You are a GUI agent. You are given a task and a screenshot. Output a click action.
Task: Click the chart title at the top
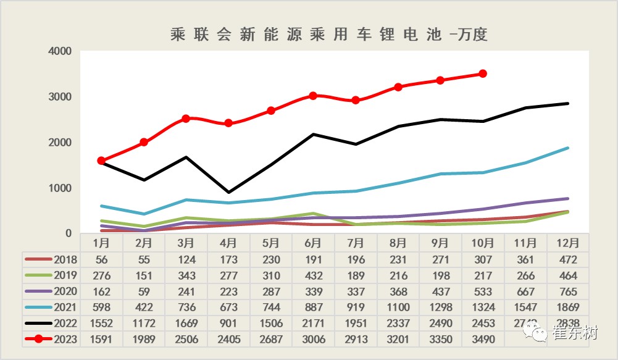[x=329, y=35]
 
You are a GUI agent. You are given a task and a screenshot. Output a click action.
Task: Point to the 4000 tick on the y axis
[x=60, y=51]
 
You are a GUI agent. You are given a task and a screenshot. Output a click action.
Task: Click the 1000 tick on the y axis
[x=60, y=188]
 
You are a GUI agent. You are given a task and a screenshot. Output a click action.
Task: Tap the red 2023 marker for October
[x=483, y=73]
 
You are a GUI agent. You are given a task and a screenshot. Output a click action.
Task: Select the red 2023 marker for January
[x=101, y=161]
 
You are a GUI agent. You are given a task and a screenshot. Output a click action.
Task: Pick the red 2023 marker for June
[x=313, y=96]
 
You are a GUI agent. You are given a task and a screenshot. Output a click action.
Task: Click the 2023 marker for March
[x=186, y=119]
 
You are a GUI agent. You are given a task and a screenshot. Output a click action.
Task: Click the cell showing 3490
[x=482, y=339]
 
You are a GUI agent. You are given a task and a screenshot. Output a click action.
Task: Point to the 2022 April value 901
[x=228, y=323]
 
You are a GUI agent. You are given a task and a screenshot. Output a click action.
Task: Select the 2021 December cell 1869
[x=567, y=307]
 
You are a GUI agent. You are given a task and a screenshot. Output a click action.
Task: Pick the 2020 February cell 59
[x=143, y=291]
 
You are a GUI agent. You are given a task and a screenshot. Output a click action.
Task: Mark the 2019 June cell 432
[x=313, y=275]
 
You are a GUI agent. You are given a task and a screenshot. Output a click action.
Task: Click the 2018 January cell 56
[x=101, y=259]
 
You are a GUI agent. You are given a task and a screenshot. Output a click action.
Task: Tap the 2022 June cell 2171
[x=313, y=323]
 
